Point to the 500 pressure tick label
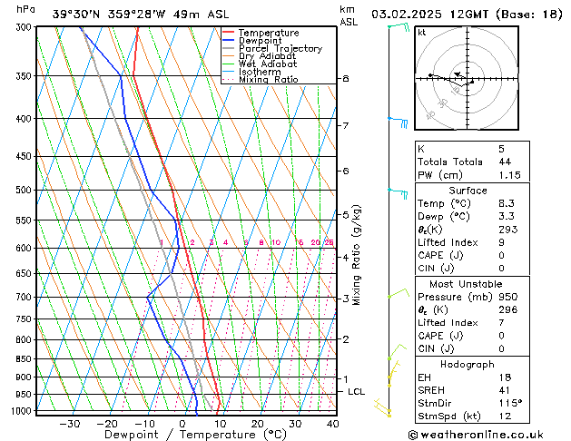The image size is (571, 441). (24, 191)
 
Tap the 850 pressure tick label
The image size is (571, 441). (24, 359)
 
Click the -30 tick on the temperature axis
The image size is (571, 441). (70, 424)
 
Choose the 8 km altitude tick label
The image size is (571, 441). (345, 79)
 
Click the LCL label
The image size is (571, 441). (357, 391)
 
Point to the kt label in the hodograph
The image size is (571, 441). (421, 33)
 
